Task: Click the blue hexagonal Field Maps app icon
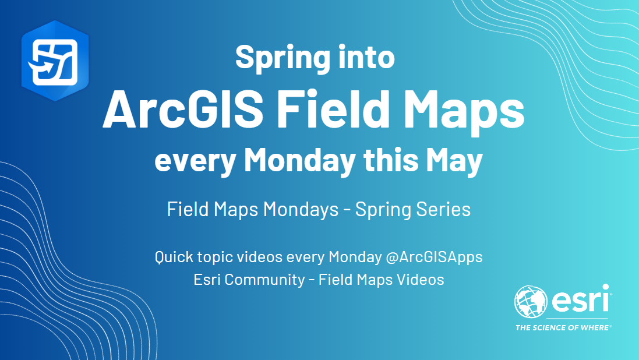[x=55, y=61]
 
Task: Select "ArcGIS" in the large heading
[x=183, y=110]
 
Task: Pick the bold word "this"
[x=391, y=160]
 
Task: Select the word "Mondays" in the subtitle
[x=301, y=210]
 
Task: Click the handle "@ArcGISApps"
[x=434, y=257]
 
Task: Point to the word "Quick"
[x=174, y=257]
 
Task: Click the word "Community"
[x=264, y=280]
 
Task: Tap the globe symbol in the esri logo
[x=531, y=302]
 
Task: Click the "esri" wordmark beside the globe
[x=581, y=299]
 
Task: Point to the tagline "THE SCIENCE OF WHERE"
[x=563, y=328]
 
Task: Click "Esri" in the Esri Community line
[x=207, y=280]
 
